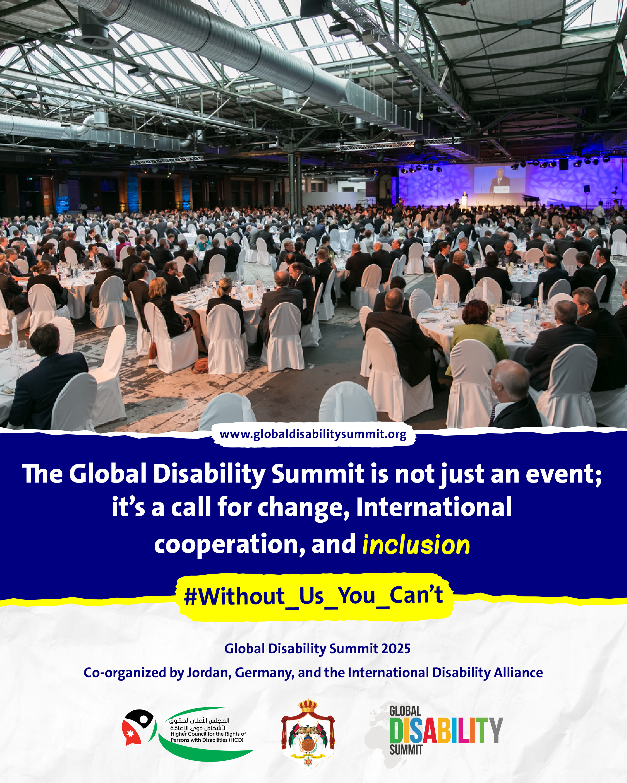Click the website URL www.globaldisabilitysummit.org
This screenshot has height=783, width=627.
click(313, 434)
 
